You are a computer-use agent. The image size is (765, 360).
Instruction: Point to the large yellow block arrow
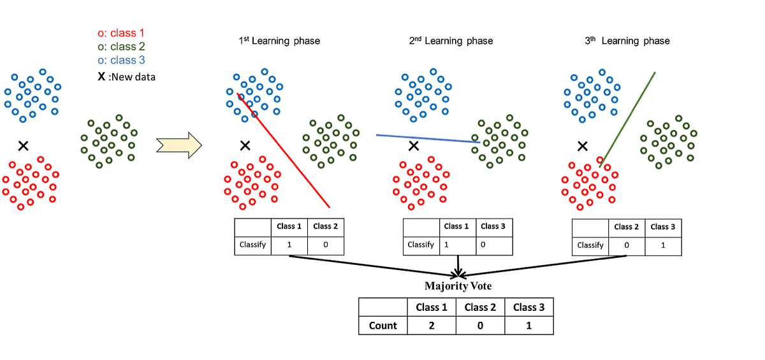coord(179,145)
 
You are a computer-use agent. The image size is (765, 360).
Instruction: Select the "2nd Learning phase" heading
coord(451,41)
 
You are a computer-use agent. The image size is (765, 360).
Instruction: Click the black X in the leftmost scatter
coord(24,146)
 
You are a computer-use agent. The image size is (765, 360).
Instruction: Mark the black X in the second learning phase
coord(414,146)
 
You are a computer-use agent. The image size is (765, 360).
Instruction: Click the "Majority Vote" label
coord(458,286)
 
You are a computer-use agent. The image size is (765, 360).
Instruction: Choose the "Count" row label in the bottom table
coord(382,326)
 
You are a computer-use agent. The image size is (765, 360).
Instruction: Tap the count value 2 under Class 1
coord(432,326)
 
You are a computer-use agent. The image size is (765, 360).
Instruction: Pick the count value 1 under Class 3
coord(529,326)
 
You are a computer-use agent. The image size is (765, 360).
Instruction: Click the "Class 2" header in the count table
coord(480,307)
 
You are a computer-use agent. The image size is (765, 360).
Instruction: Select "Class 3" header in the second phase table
coord(493,226)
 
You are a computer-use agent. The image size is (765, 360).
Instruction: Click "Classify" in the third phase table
coord(590,245)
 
